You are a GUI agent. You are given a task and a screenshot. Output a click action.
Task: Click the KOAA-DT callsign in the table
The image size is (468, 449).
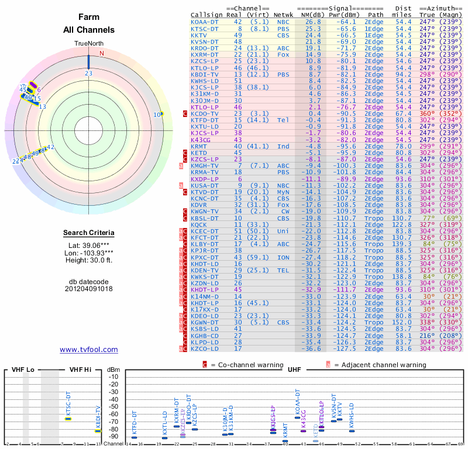[204, 22]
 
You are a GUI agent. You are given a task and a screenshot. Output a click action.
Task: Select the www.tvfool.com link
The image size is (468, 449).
[89, 350]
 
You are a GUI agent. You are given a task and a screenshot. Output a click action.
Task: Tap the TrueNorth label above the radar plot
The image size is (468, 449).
[88, 44]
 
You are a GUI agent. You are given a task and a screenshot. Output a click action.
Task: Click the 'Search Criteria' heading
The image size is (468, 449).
[89, 233]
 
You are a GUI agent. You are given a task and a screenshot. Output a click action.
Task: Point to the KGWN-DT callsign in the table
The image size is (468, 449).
[204, 323]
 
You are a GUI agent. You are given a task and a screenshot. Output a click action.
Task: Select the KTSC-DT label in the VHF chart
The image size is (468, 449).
[68, 403]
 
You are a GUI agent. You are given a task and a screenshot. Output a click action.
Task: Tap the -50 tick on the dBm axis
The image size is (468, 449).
[113, 407]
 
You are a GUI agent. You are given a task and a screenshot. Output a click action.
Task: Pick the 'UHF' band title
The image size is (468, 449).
[294, 370]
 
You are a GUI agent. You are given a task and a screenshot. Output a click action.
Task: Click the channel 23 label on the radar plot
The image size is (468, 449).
[88, 73]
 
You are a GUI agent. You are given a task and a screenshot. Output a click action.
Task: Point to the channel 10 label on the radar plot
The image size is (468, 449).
[157, 115]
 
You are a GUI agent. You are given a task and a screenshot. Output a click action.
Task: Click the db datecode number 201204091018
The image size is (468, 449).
[89, 288]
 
